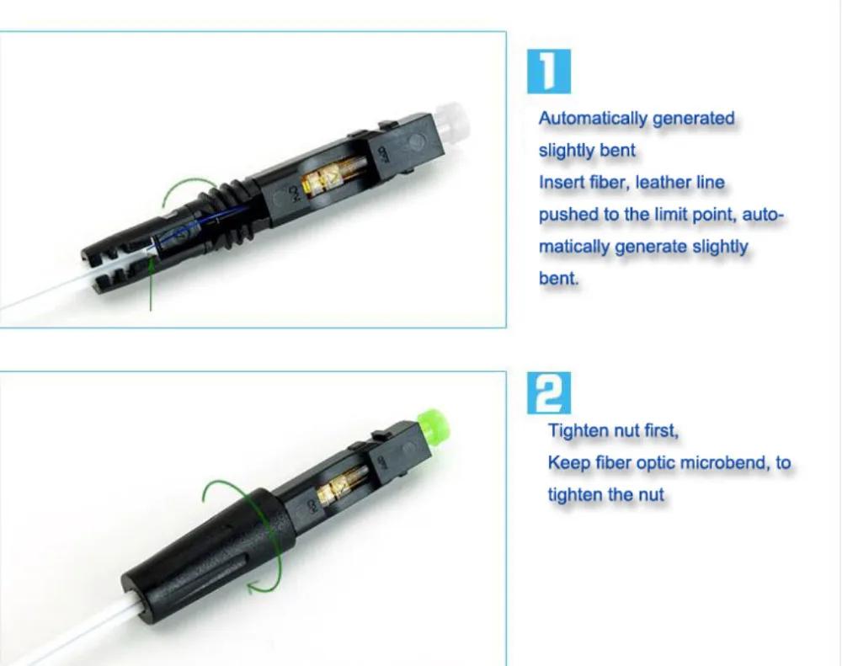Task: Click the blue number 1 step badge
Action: click(x=548, y=72)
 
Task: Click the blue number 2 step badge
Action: click(x=548, y=393)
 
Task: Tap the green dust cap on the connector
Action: click(x=434, y=422)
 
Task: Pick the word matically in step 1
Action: click(x=573, y=247)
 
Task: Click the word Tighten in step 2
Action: click(x=576, y=431)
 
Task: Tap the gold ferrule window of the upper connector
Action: click(x=333, y=173)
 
